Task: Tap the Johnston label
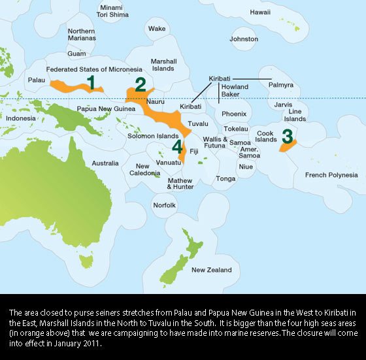point(244,39)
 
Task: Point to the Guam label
point(76,54)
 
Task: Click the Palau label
point(37,80)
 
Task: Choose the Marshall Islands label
point(163,65)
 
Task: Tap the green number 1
point(92,82)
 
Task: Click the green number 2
point(140,84)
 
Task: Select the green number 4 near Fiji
point(176,145)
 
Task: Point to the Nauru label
point(155,103)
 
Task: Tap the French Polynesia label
point(331,175)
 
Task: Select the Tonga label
point(225,178)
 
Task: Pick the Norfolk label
point(164,205)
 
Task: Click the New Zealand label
point(211,270)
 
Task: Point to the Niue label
point(246,167)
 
